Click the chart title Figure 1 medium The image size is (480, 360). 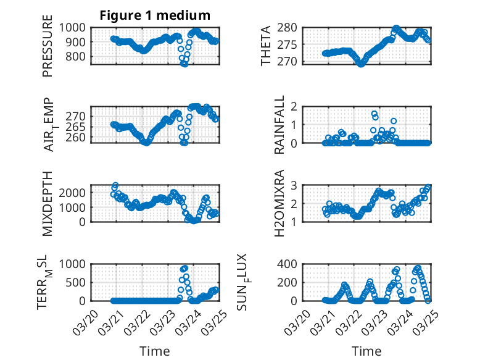click(x=155, y=15)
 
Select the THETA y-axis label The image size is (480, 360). click(x=266, y=46)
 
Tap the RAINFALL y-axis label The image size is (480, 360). click(x=279, y=124)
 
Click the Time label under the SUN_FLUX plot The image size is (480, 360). click(x=366, y=351)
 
